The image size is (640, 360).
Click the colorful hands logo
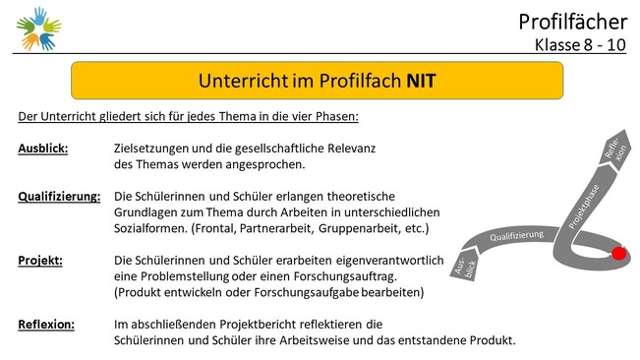pyautogui.click(x=38, y=29)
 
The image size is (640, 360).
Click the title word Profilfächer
pyautogui.click(x=572, y=22)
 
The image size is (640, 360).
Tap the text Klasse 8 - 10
pyautogui.click(x=580, y=45)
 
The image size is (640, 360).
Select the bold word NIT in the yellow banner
pyautogui.click(x=421, y=81)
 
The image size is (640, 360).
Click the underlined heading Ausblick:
pyautogui.click(x=43, y=149)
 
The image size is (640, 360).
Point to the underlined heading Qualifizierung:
pyautogui.click(x=59, y=197)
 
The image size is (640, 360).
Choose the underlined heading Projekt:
pyautogui.click(x=40, y=261)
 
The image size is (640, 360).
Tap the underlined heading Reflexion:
pyautogui.click(x=46, y=325)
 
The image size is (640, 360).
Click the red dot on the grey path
pyautogui.click(x=618, y=253)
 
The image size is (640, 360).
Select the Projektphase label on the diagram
pyautogui.click(x=584, y=207)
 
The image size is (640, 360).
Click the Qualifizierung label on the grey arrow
pyautogui.click(x=517, y=236)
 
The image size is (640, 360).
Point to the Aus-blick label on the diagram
pyautogui.click(x=466, y=267)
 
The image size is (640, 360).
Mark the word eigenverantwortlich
pyautogui.click(x=389, y=261)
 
